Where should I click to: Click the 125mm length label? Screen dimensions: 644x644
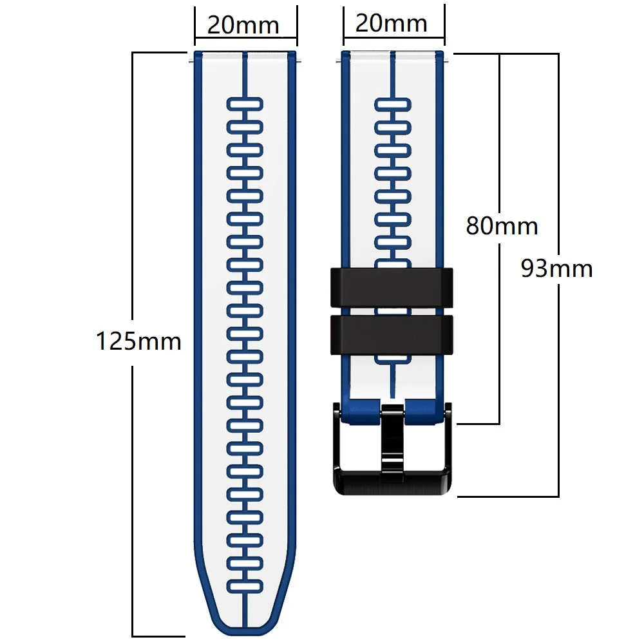pyautogui.click(x=138, y=341)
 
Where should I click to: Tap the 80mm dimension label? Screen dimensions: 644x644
pyautogui.click(x=502, y=226)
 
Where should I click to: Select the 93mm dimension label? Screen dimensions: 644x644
pyautogui.click(x=556, y=268)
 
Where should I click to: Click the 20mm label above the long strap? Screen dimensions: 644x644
pyautogui.click(x=243, y=25)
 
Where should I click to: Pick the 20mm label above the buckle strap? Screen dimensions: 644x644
pyautogui.click(x=392, y=23)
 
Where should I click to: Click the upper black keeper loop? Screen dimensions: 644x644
pyautogui.click(x=392, y=287)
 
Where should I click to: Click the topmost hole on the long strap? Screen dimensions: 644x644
pyautogui.click(x=245, y=104)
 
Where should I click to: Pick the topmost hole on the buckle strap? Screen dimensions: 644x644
pyautogui.click(x=393, y=105)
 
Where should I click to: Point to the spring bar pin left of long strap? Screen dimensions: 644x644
pyautogui.click(x=191, y=61)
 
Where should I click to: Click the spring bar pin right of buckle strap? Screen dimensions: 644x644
pyautogui.click(x=447, y=61)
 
